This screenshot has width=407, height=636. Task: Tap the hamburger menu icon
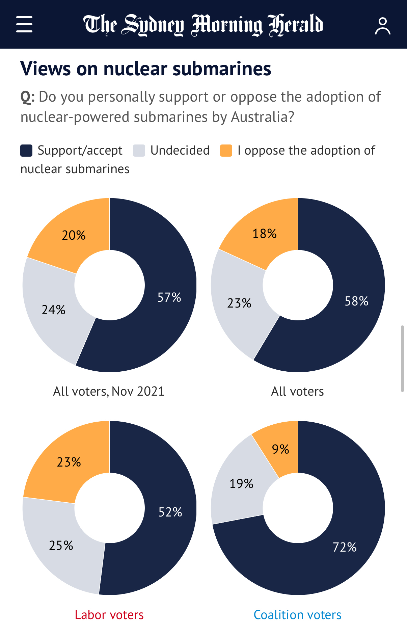[24, 24]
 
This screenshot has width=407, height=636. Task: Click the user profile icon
[382, 26]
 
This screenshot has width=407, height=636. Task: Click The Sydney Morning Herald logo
[203, 25]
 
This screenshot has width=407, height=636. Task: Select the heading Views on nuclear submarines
[146, 69]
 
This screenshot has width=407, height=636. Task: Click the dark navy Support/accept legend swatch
[26, 151]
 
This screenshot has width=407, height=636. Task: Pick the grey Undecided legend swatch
[139, 151]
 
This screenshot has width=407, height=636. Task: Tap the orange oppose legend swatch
[226, 151]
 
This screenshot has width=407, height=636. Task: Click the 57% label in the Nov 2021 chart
[169, 297]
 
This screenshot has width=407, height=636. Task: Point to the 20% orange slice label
[74, 235]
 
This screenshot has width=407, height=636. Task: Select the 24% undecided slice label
[54, 310]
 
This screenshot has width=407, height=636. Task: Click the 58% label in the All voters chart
[356, 301]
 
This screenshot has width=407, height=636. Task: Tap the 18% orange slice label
[265, 234]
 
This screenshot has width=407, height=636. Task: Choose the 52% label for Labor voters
[170, 512]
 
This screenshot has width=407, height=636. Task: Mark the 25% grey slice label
[61, 546]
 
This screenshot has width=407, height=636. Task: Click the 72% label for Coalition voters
[345, 547]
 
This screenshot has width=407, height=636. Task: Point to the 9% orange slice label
[280, 449]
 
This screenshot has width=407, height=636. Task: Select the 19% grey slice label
[241, 484]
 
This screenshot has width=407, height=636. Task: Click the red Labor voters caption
[109, 615]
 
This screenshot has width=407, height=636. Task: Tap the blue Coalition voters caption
[297, 615]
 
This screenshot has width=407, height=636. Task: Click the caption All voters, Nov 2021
[109, 391]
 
